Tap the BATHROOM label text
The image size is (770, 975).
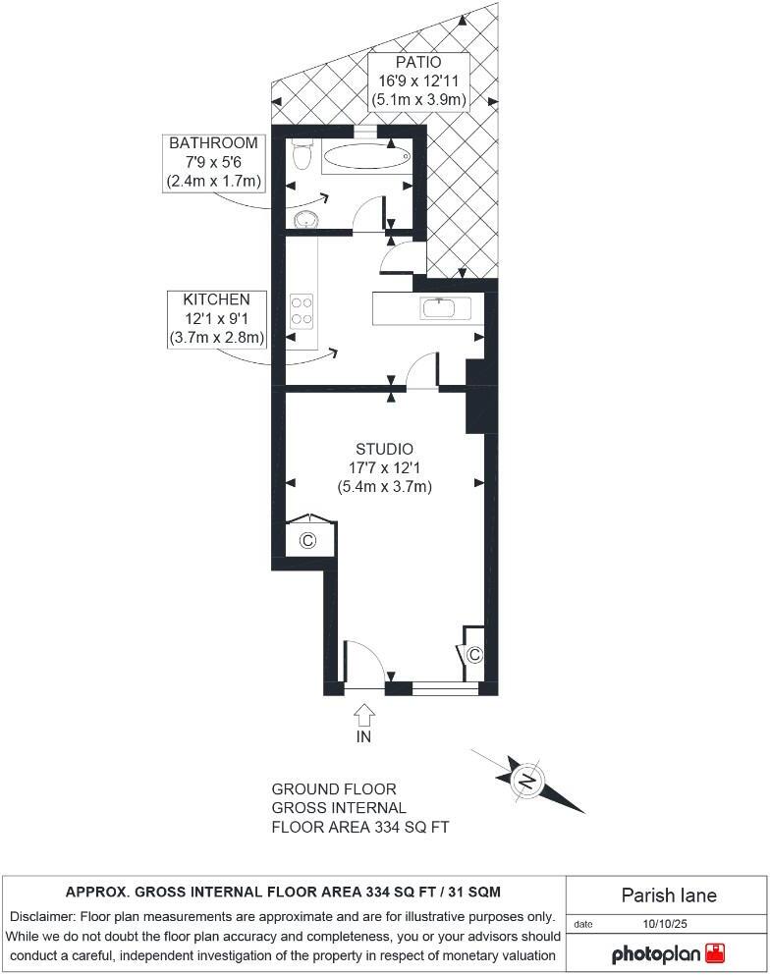tap(212, 143)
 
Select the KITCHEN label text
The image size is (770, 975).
tap(216, 299)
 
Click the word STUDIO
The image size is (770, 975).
tap(384, 449)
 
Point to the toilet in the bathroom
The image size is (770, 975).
tap(302, 154)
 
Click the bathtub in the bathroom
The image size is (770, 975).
tap(365, 156)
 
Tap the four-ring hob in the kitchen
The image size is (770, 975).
tap(302, 310)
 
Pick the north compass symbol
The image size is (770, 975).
tap(527, 782)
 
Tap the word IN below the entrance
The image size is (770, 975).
tap(363, 736)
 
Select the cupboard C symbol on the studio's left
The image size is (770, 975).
tap(307, 541)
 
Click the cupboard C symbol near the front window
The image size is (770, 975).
tap(473, 654)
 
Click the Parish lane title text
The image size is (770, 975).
tap(669, 894)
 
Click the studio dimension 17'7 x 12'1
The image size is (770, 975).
tap(384, 467)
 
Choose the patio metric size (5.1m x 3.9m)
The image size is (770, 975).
tap(417, 99)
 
